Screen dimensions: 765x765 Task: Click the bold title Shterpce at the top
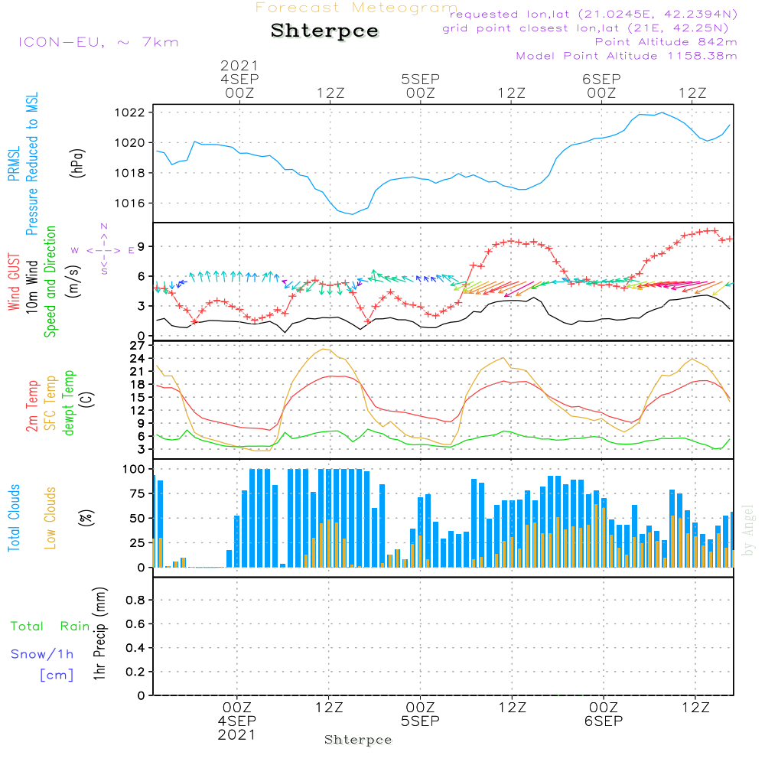(x=324, y=31)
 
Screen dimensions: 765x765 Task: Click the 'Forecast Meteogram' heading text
(x=356, y=8)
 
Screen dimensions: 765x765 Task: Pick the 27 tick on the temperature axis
(x=138, y=346)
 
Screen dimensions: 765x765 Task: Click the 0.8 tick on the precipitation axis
(x=135, y=601)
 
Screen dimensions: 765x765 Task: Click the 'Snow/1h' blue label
(x=42, y=654)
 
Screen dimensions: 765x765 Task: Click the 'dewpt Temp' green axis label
(x=70, y=403)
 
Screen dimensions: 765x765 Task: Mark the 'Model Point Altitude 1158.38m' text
(x=627, y=56)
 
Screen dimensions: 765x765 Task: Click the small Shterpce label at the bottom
(x=358, y=740)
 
